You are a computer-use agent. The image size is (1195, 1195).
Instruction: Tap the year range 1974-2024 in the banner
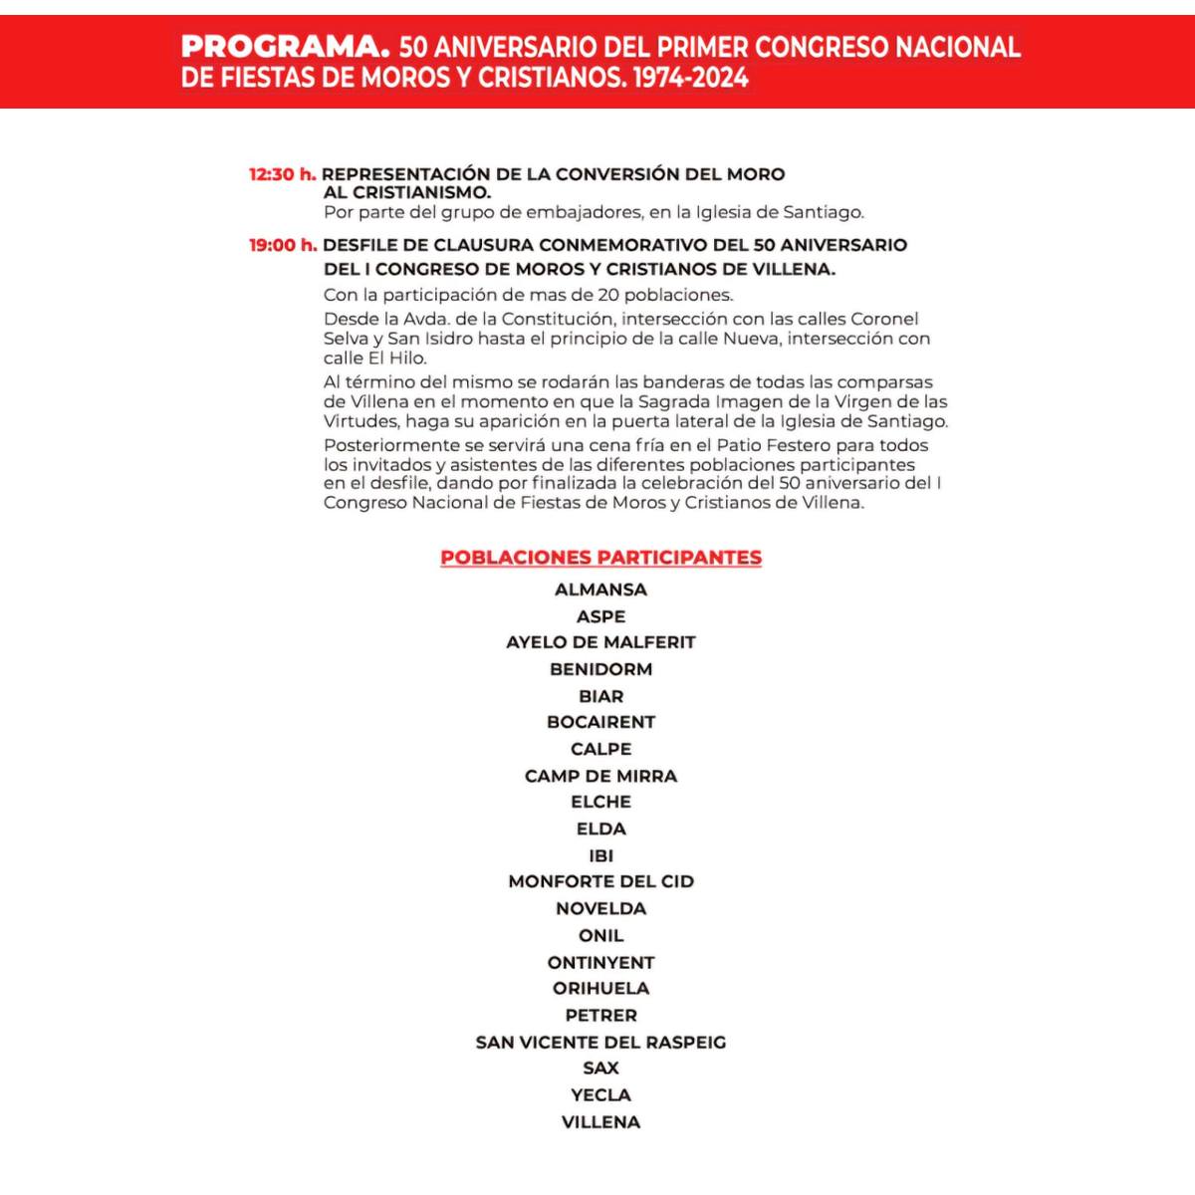pyautogui.click(x=690, y=78)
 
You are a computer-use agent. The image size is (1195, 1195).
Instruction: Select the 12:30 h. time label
pyautogui.click(x=282, y=174)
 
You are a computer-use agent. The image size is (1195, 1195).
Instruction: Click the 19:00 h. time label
pyautogui.click(x=283, y=245)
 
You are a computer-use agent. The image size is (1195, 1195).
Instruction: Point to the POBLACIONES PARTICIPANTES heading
pyautogui.click(x=600, y=558)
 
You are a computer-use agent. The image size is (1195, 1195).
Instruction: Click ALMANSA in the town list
pyautogui.click(x=600, y=590)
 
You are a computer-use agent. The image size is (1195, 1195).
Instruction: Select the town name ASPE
pyautogui.click(x=600, y=616)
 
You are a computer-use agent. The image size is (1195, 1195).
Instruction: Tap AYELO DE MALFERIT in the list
pyautogui.click(x=600, y=642)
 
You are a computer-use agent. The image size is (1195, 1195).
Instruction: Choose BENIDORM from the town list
pyautogui.click(x=600, y=669)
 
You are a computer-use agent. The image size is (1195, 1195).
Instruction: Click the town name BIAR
pyautogui.click(x=600, y=696)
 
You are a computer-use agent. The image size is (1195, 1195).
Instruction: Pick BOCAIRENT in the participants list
pyautogui.click(x=600, y=722)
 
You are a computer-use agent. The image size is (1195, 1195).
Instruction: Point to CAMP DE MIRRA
pyautogui.click(x=600, y=776)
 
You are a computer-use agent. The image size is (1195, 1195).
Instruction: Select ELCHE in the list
pyautogui.click(x=600, y=802)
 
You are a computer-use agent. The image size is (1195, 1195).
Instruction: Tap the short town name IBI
pyautogui.click(x=600, y=855)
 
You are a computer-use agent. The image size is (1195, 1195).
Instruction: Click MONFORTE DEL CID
pyautogui.click(x=600, y=881)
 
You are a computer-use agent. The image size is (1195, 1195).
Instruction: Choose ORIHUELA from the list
pyautogui.click(x=600, y=988)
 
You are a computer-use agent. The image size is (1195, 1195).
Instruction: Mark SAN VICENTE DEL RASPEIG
pyautogui.click(x=600, y=1042)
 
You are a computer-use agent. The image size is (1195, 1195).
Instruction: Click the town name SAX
pyautogui.click(x=600, y=1068)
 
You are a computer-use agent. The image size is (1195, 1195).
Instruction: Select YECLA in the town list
pyautogui.click(x=600, y=1094)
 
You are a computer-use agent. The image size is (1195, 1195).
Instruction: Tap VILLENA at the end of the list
pyautogui.click(x=600, y=1121)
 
